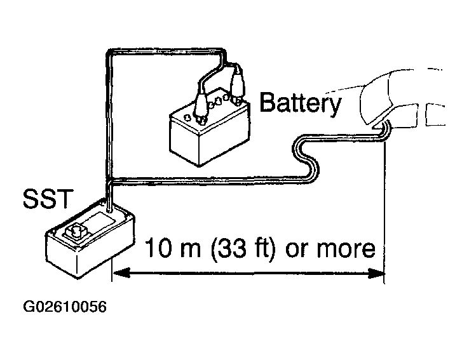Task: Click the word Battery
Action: (x=300, y=103)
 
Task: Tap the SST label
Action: (x=48, y=198)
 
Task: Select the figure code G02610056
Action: (x=65, y=307)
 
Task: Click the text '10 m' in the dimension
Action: (x=172, y=248)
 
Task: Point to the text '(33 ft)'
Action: (x=243, y=248)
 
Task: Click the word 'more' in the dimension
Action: (x=346, y=249)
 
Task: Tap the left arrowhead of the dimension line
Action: (x=121, y=273)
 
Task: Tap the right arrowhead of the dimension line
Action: (x=376, y=273)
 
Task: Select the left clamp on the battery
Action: (x=200, y=106)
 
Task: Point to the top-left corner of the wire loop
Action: (x=108, y=53)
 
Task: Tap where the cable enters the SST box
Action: (x=109, y=210)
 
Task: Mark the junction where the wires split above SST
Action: (x=109, y=180)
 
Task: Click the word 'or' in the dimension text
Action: (x=296, y=249)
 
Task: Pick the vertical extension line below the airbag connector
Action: (x=384, y=211)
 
